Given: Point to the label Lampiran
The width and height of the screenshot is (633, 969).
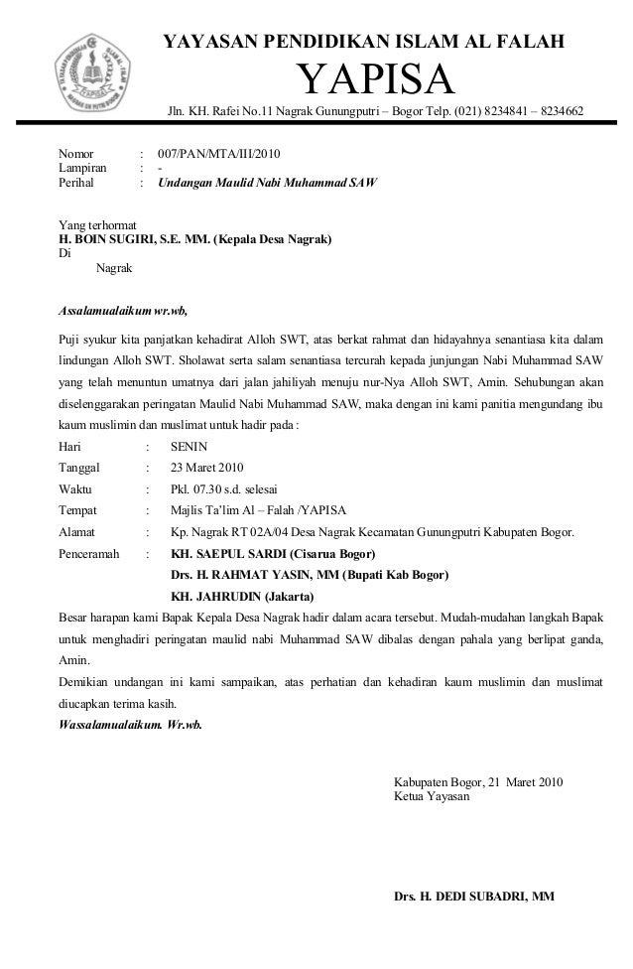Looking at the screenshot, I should [x=82, y=169].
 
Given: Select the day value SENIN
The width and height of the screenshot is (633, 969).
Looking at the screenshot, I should [x=190, y=447].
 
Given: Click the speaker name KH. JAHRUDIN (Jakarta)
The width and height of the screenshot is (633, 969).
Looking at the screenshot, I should [x=242, y=597].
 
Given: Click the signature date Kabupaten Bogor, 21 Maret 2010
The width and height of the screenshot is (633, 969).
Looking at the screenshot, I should [x=478, y=781].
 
